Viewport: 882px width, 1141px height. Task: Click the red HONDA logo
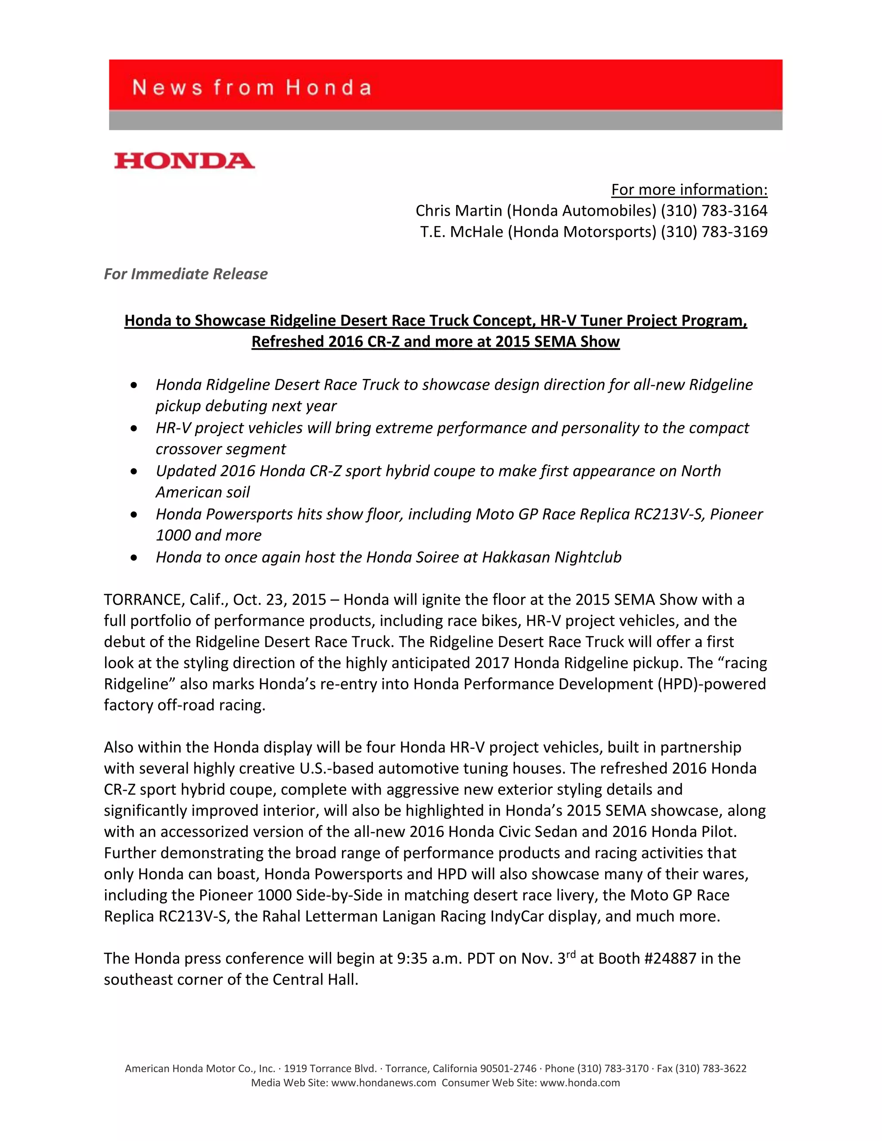(x=184, y=161)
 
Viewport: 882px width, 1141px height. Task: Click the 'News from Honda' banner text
(x=252, y=87)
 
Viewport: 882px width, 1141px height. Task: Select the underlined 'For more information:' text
(x=689, y=189)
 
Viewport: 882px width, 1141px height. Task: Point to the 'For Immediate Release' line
(x=186, y=274)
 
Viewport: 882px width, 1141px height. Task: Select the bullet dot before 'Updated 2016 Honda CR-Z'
(x=134, y=471)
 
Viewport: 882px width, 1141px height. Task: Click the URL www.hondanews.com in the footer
(x=384, y=1083)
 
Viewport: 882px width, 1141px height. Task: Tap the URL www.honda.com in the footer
(x=580, y=1083)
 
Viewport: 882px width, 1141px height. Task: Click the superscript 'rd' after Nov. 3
(x=571, y=954)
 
